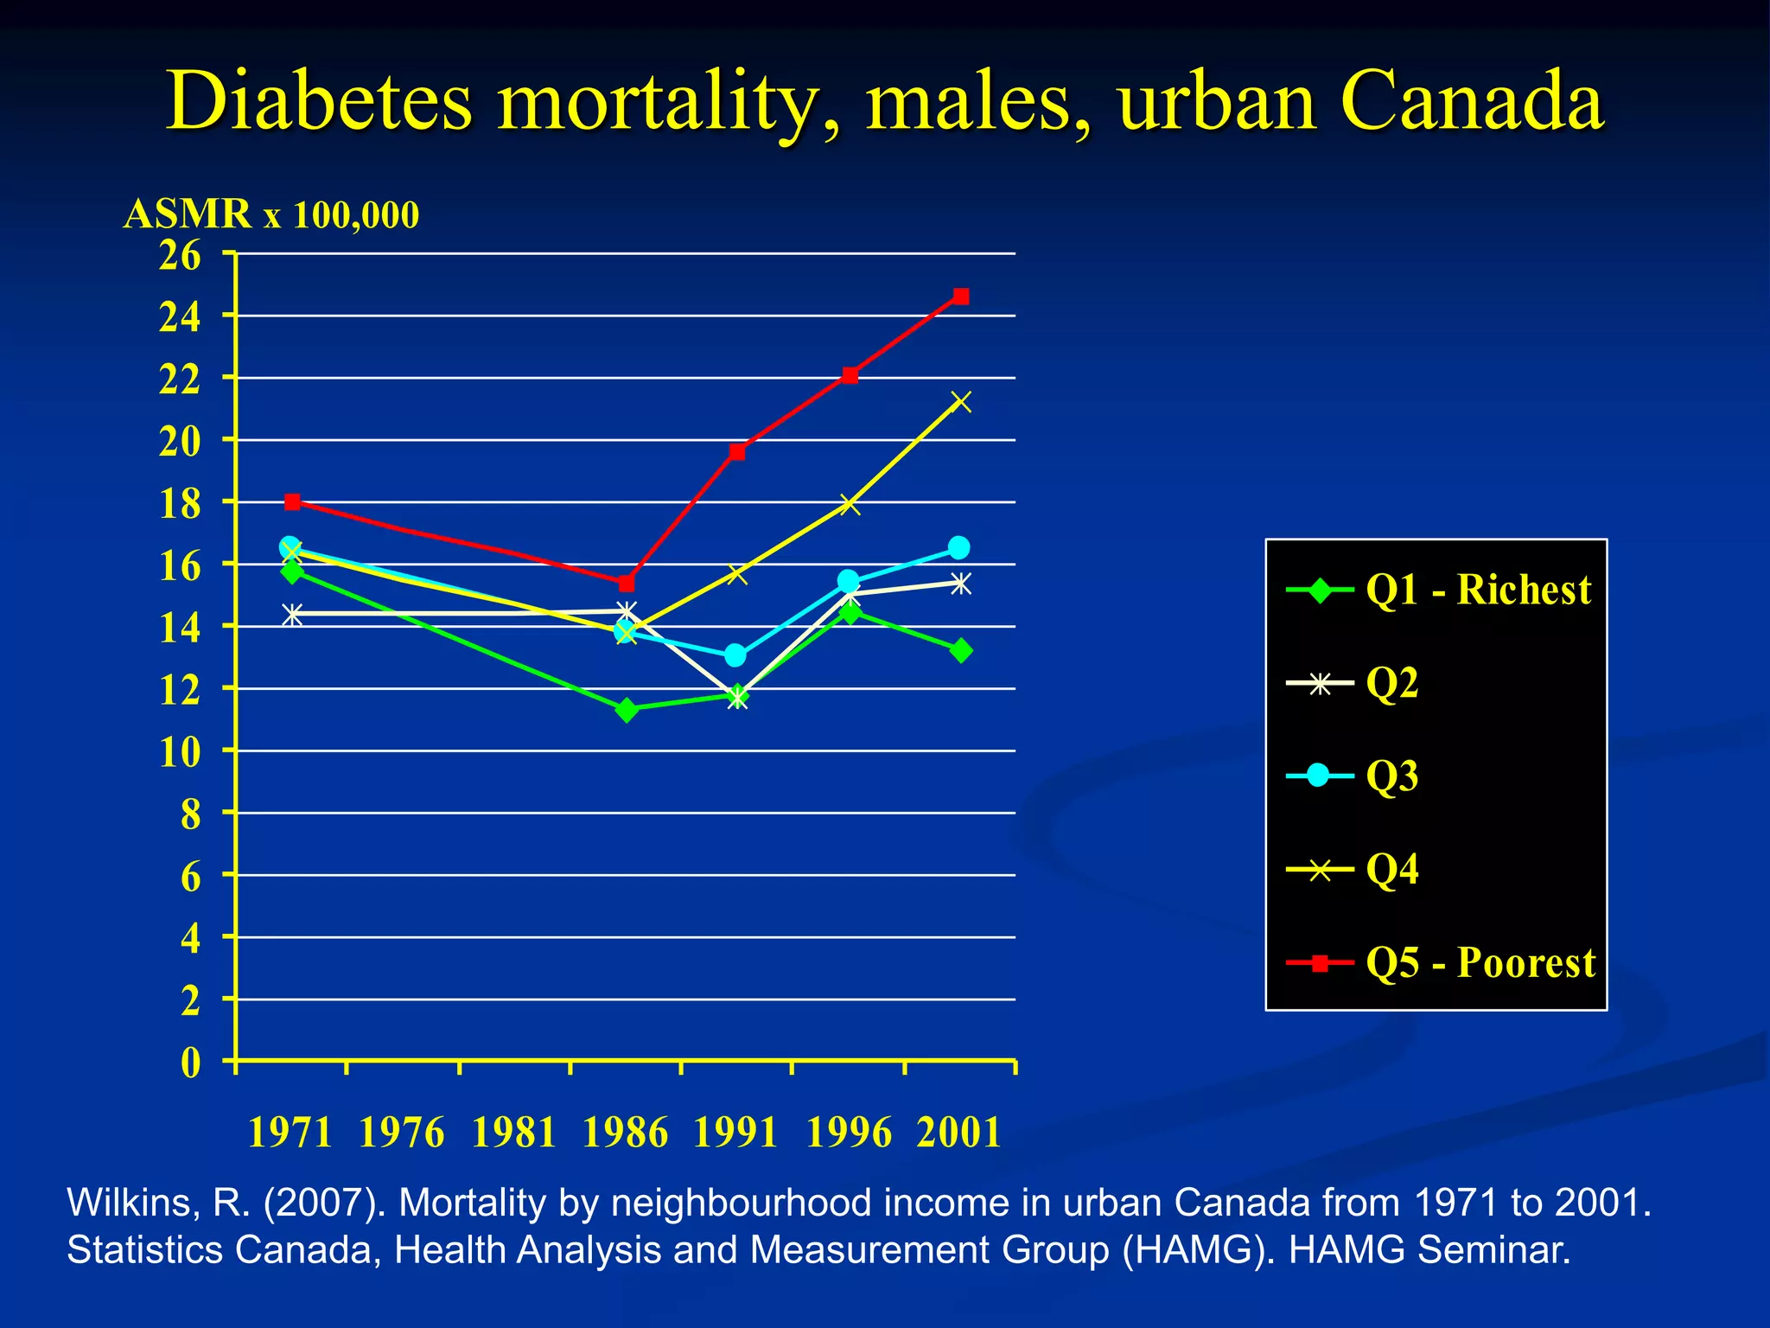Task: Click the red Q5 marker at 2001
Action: pyautogui.click(x=960, y=297)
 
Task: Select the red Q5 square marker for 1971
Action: pyautogui.click(x=292, y=502)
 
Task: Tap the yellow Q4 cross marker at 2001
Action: pyautogui.click(x=960, y=402)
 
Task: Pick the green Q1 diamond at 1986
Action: pyautogui.click(x=627, y=710)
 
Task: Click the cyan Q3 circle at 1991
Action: pyautogui.click(x=735, y=655)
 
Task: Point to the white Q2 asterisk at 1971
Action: pyautogui.click(x=292, y=615)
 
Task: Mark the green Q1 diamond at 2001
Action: pyautogui.click(x=960, y=650)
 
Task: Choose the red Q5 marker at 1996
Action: pyautogui.click(x=850, y=375)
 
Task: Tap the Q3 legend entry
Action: pyautogui.click(x=1391, y=776)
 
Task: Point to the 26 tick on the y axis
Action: pyautogui.click(x=180, y=255)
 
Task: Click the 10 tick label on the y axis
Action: pyautogui.click(x=180, y=753)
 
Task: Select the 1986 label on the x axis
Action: pyautogui.click(x=625, y=1132)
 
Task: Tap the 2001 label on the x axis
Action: pyautogui.click(x=958, y=1132)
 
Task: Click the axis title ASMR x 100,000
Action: pyautogui.click(x=271, y=214)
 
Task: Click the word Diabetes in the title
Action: pyautogui.click(x=319, y=102)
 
